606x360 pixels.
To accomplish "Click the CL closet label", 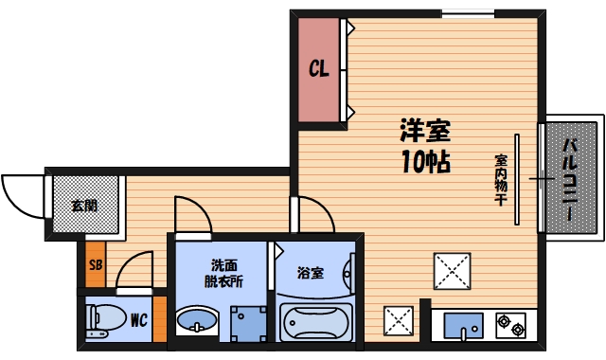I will click(318, 69).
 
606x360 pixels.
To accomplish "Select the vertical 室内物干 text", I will click(501, 179).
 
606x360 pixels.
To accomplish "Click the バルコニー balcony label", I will click(571, 179).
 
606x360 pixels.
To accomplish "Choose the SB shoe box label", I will click(95, 264).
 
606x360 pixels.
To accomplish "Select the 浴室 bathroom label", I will click(311, 274).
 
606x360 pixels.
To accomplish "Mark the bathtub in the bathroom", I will click(316, 322).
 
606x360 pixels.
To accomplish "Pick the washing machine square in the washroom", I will click(247, 323).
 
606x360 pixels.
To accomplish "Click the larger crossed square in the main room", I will click(451, 271).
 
